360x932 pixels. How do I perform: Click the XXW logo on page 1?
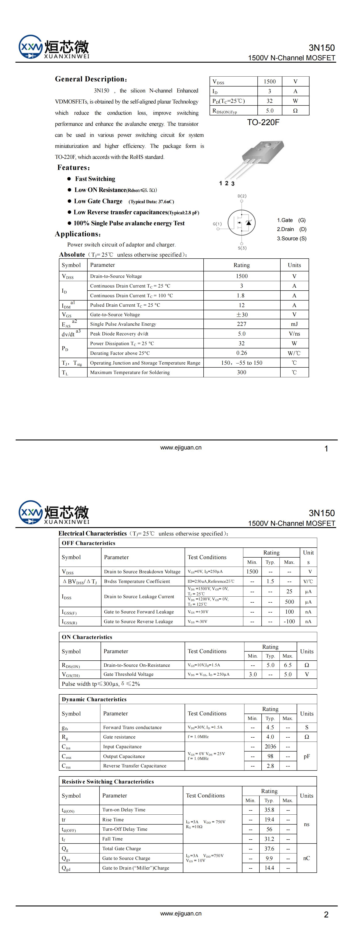point(30,47)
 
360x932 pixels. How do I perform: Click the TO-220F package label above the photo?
point(263,122)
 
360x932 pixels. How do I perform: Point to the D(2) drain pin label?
point(242,196)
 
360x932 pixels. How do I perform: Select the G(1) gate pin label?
point(217,224)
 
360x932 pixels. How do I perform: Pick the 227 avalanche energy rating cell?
point(241,324)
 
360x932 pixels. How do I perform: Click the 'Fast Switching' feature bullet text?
point(95,179)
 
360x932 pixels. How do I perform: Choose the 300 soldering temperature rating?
point(241,372)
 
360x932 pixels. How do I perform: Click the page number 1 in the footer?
point(326,449)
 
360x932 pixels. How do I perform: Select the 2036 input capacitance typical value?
point(270,746)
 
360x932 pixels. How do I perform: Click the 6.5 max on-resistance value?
point(288,665)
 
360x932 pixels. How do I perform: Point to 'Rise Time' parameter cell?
point(113,819)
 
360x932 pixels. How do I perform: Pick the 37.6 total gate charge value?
point(269,848)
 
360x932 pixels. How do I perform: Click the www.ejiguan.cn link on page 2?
point(180,913)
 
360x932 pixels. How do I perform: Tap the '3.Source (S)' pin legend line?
point(292,239)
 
